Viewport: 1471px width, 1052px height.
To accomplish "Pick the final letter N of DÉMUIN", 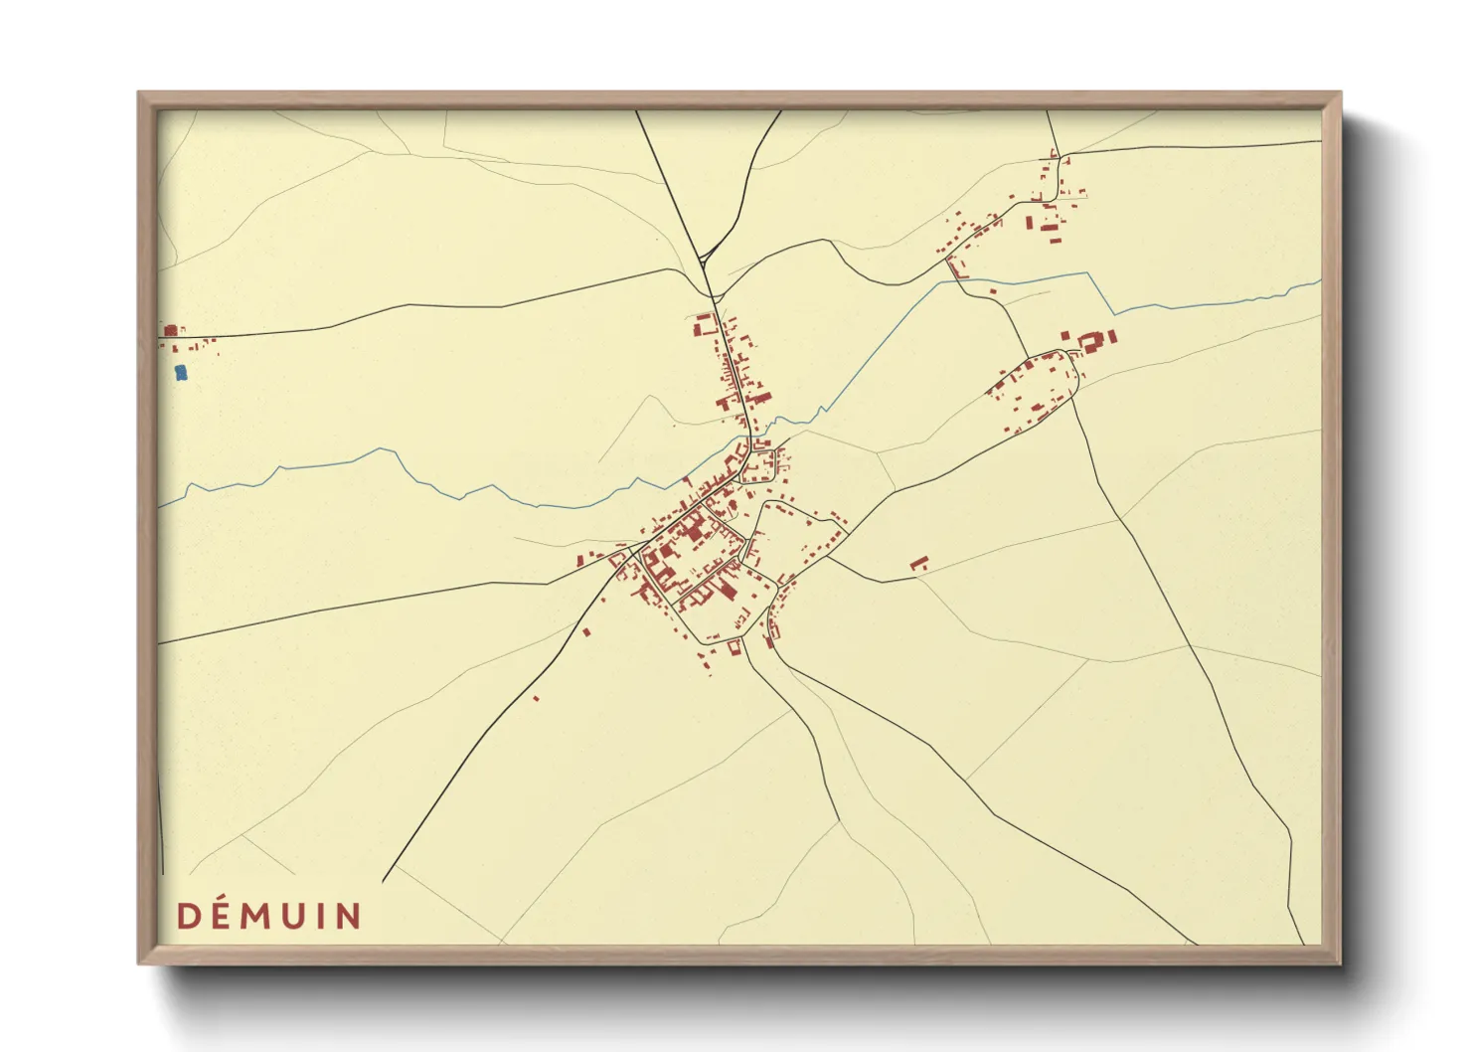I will [348, 916].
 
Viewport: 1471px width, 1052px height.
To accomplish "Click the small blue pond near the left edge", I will [180, 373].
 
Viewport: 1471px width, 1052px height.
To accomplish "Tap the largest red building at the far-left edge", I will [170, 330].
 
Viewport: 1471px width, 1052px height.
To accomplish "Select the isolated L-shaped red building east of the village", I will [918, 564].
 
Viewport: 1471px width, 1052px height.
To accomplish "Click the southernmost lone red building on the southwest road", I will [537, 699].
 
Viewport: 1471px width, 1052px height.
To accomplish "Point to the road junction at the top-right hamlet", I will [1060, 156].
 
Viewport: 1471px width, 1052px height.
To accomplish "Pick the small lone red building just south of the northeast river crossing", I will [992, 291].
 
